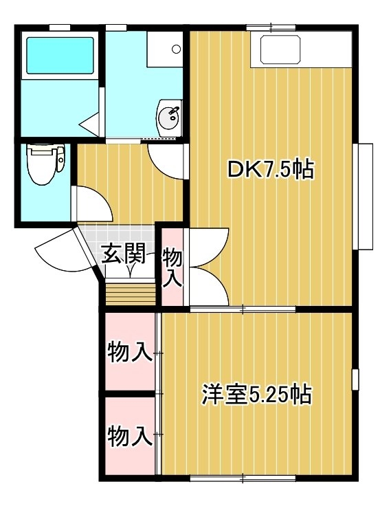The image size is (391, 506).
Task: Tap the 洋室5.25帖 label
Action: click(256, 394)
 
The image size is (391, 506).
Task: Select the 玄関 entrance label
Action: click(123, 253)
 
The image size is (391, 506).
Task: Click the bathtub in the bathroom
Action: click(60, 56)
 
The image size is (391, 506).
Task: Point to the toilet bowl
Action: click(41, 164)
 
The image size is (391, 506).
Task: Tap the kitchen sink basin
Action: click(280, 49)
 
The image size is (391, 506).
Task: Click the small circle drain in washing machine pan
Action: click(176, 49)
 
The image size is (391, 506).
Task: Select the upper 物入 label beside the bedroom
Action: click(130, 353)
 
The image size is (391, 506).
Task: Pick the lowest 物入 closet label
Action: click(130, 437)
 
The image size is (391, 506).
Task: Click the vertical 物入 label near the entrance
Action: click(172, 267)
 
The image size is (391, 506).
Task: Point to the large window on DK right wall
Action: click(363, 196)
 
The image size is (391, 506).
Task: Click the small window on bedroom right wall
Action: click(355, 379)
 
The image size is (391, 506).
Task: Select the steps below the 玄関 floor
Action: click(131, 294)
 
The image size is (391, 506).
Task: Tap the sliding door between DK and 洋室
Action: click(243, 309)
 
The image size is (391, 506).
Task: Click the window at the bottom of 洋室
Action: click(243, 478)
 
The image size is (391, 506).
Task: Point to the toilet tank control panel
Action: click(60, 159)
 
